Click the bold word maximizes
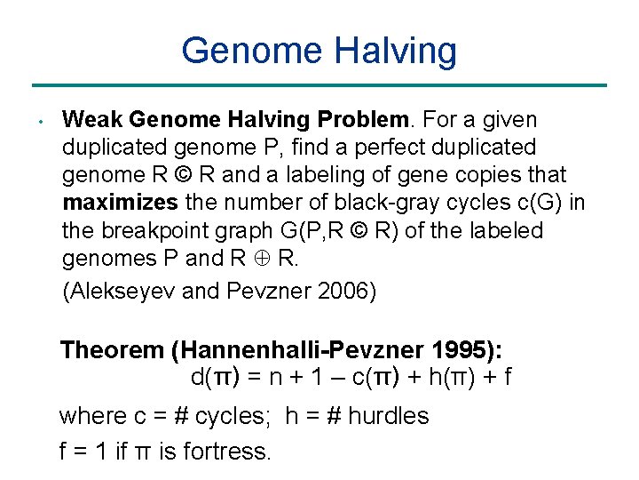pyautogui.click(x=120, y=204)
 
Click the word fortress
pyautogui.click(x=226, y=451)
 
